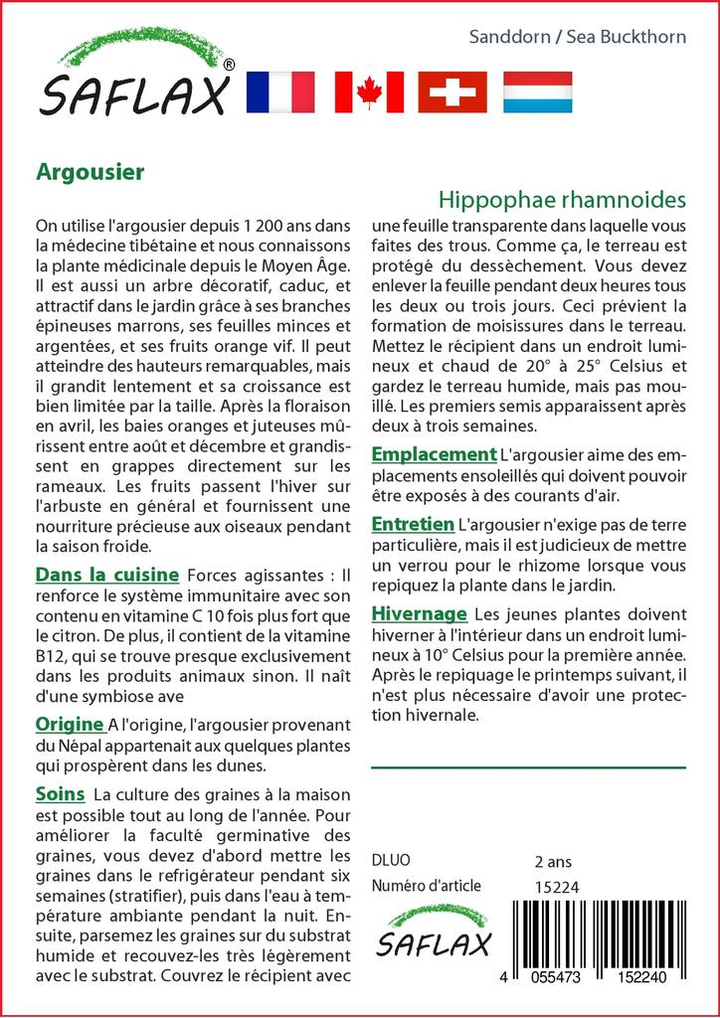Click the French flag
tap(279, 91)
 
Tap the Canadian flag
tap(369, 91)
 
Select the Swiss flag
tap(452, 91)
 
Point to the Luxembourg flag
tap(537, 91)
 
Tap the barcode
tap(604, 934)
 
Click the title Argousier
tap(90, 171)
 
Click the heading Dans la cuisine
tap(107, 575)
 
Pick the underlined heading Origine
tap(70, 724)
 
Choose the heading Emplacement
tap(434, 454)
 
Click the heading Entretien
tap(413, 523)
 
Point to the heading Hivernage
tap(419, 613)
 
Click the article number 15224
tap(557, 887)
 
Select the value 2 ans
tap(553, 861)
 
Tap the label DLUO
tap(390, 861)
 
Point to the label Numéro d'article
tap(426, 887)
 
